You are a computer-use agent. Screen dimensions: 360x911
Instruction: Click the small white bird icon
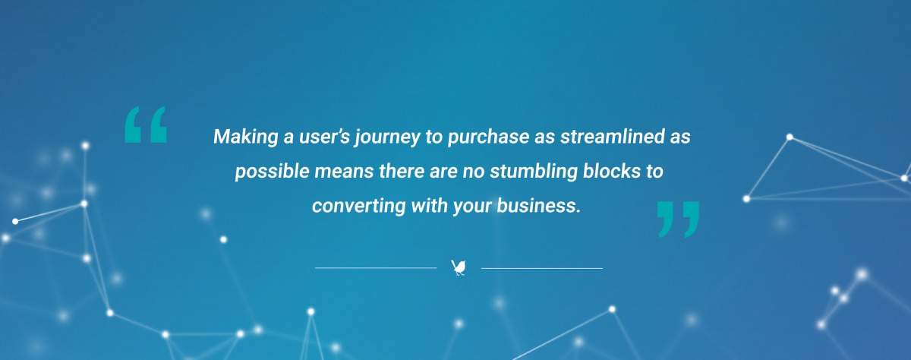pos(459,267)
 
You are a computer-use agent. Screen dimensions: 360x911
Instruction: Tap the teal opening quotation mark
pos(145,125)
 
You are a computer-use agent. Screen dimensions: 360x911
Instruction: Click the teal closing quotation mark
pos(676,218)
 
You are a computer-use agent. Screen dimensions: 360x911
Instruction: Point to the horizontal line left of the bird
pos(376,268)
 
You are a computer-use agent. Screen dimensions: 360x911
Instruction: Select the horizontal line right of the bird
pos(541,268)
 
